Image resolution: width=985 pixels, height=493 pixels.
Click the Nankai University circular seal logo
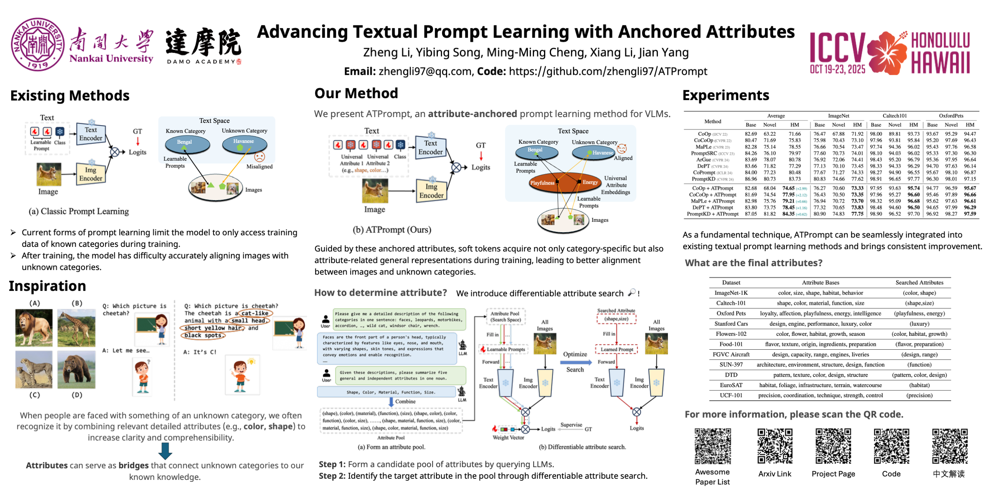point(37,44)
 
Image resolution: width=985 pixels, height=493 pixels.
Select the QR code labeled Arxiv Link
point(775,446)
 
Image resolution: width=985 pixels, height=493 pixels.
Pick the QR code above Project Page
point(833,446)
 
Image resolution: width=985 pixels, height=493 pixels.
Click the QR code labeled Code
point(891,446)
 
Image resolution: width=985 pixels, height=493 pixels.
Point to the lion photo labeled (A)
point(34,327)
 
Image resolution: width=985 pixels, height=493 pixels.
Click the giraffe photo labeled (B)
point(76,327)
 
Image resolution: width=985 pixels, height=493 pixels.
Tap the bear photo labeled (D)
point(76,369)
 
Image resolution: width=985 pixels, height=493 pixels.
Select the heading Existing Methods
point(70,96)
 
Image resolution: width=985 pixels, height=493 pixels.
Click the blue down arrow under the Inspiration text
point(165,451)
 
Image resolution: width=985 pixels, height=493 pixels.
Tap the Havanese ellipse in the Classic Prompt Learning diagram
point(244,143)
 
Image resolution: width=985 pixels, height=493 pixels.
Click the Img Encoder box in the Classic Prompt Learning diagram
point(91,174)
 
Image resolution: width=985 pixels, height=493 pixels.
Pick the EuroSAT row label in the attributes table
point(731,385)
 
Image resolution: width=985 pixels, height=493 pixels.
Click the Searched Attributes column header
point(919,282)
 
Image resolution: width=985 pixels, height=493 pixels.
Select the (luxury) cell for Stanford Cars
point(919,324)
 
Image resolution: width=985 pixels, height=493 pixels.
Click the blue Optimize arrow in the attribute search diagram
point(575,362)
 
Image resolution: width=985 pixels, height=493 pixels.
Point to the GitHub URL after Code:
point(608,71)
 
